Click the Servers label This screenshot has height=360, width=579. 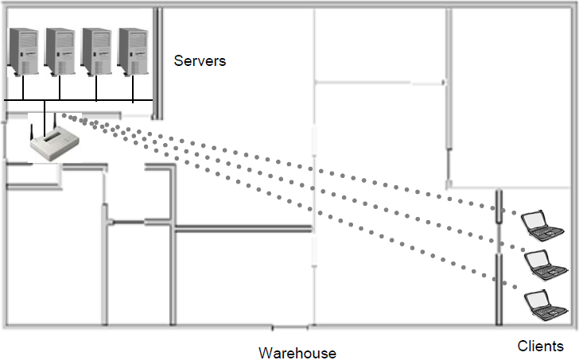point(200,60)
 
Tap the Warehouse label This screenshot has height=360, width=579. point(297,353)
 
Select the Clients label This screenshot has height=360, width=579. point(541,346)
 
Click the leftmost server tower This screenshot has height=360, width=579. point(23,52)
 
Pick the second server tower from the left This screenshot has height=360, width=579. point(60,52)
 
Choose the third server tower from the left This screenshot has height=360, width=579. point(96,52)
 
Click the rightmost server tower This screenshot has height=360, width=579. point(133,52)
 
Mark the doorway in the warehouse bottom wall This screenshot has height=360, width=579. point(289,327)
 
